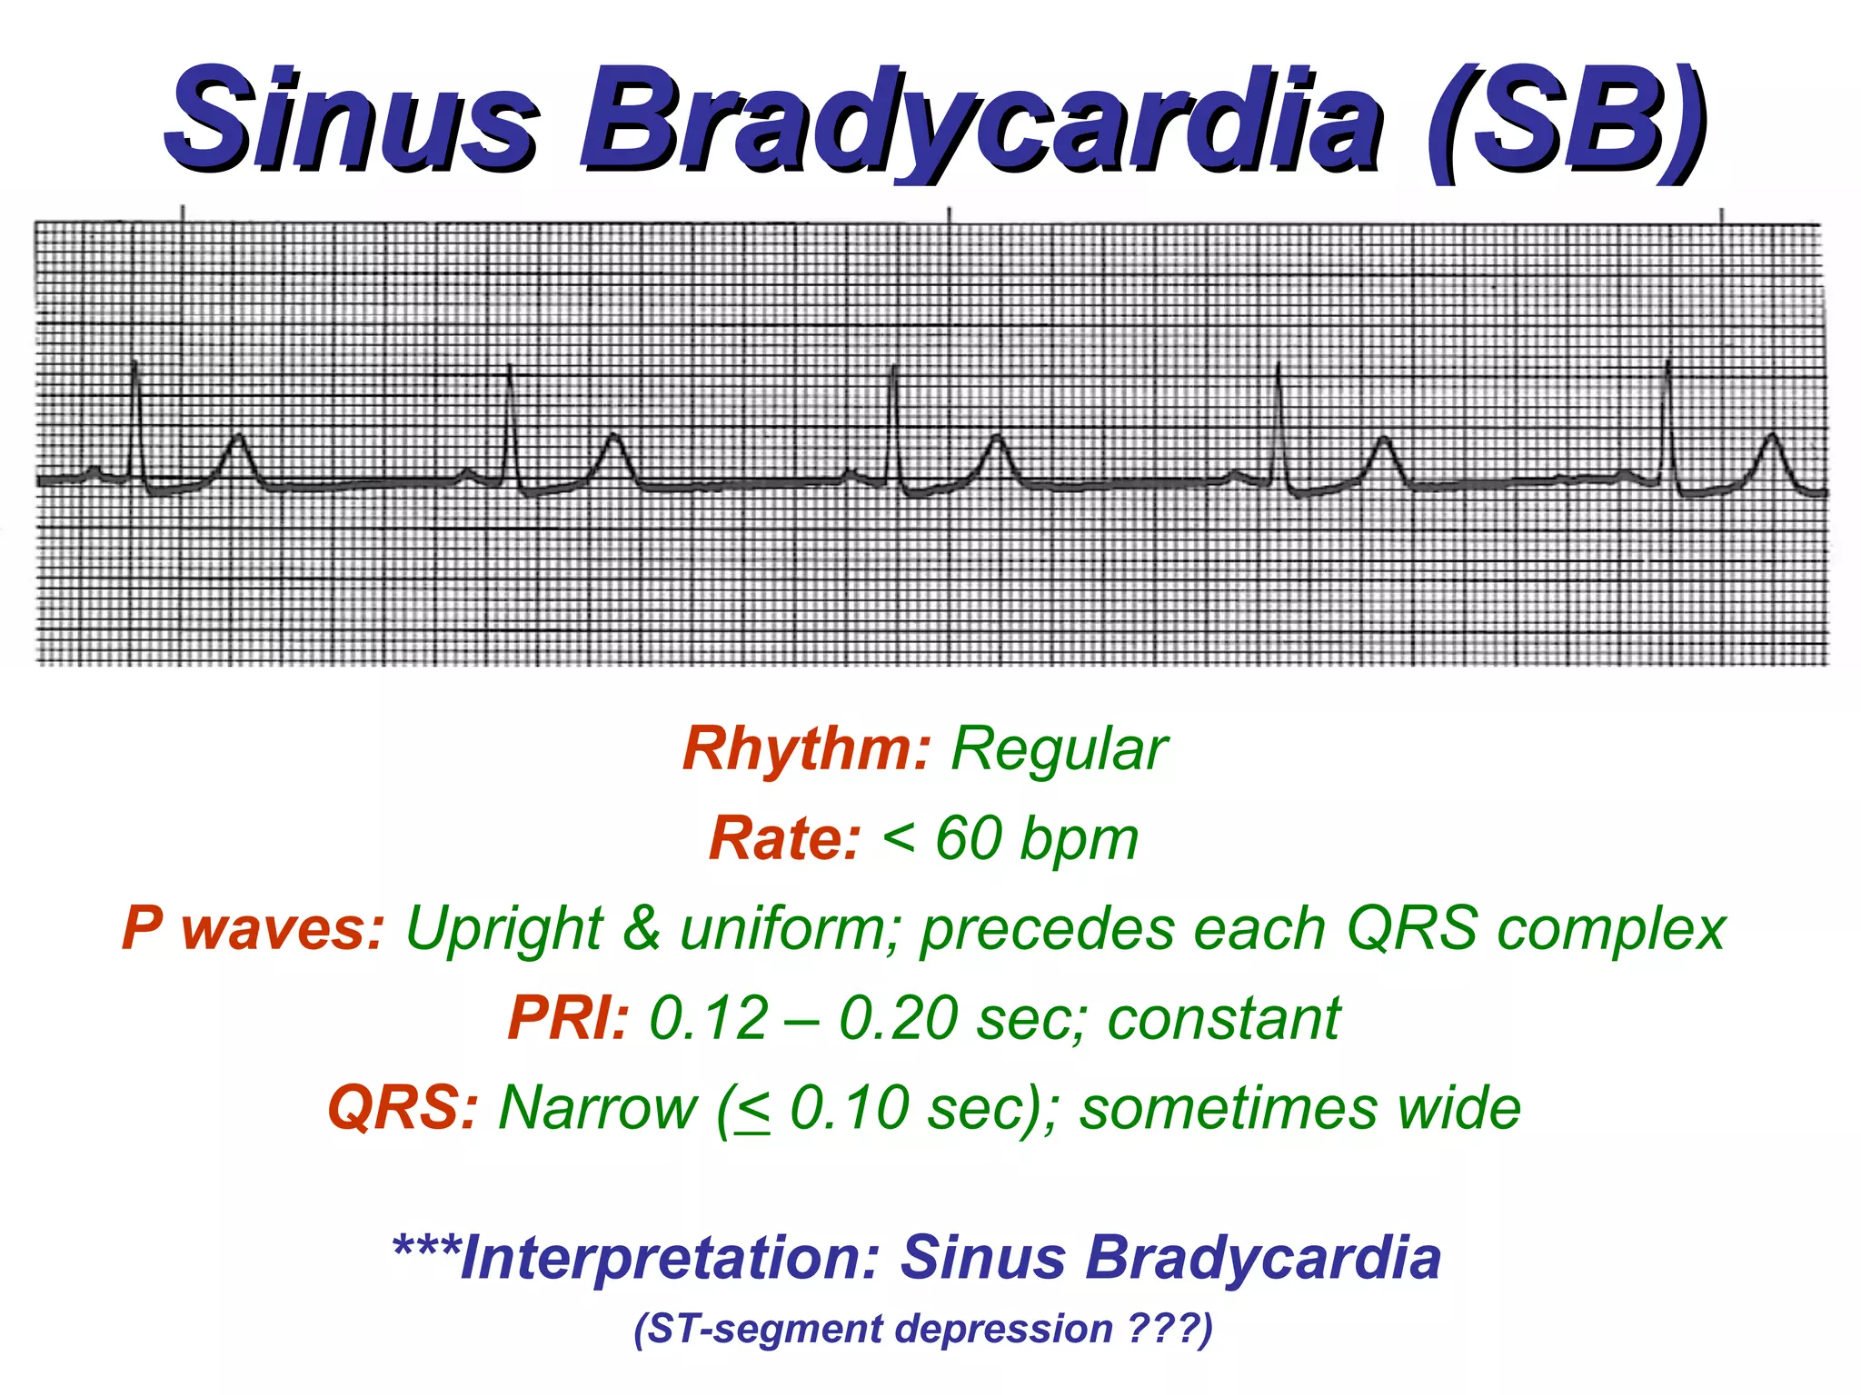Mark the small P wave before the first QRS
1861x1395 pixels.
pyautogui.click(x=95, y=470)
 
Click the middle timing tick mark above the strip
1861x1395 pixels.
pyautogui.click(x=949, y=214)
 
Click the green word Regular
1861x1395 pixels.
pyautogui.click(x=1059, y=749)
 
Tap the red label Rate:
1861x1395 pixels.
pyautogui.click(x=783, y=838)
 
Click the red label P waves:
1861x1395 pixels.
pyautogui.click(x=254, y=929)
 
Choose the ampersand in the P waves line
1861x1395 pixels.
pyautogui.click(x=641, y=929)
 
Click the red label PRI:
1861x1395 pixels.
pyautogui.click(x=567, y=1018)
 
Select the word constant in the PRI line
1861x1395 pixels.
pyautogui.click(x=1223, y=1018)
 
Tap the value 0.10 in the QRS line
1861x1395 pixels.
pyautogui.click(x=849, y=1108)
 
